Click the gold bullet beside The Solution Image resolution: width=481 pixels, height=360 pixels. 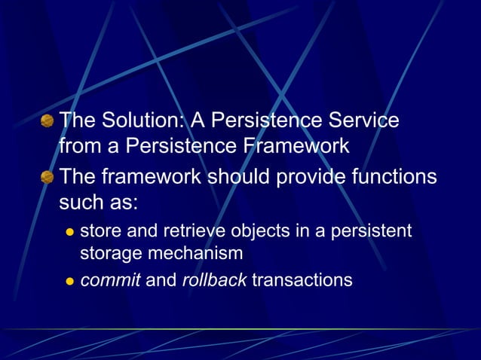[x=47, y=121]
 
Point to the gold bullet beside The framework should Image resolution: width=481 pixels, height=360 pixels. [x=47, y=178]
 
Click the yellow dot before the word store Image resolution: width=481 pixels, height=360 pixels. [x=69, y=231]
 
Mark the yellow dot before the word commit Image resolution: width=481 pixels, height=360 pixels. [x=69, y=282]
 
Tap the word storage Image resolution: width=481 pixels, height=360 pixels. [x=107, y=254]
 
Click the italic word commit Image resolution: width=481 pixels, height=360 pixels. [x=110, y=281]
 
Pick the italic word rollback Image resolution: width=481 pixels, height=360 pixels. [x=214, y=281]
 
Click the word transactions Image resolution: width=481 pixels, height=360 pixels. [x=302, y=281]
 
